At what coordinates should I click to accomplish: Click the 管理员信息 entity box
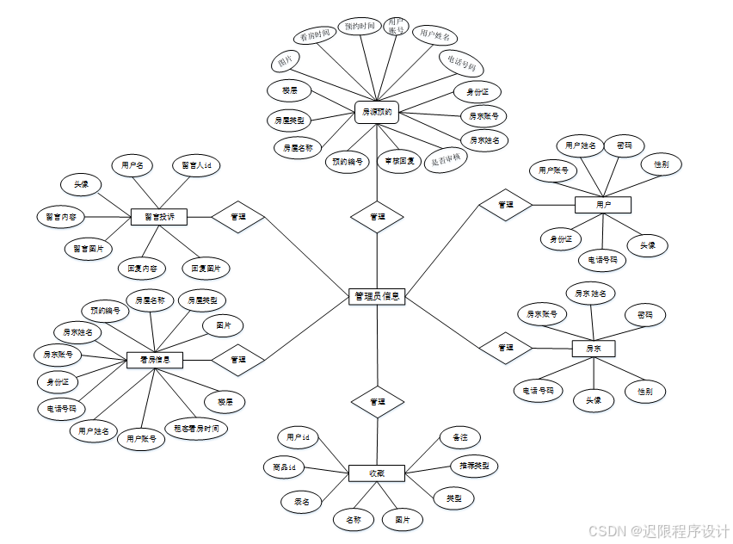[377, 295]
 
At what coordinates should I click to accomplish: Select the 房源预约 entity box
[377, 111]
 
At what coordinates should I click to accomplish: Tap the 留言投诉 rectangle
[158, 218]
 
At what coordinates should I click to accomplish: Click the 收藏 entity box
[376, 473]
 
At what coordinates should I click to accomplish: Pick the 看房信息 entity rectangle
[155, 360]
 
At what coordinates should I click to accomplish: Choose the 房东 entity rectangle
[594, 349]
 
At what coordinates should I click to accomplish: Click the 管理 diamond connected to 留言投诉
[238, 218]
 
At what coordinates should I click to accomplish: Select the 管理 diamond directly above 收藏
[377, 402]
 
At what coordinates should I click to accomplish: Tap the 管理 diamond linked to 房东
[505, 348]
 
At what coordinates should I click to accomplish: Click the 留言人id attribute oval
[196, 164]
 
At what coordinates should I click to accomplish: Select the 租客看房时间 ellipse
[196, 428]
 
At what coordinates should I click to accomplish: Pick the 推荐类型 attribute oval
[475, 466]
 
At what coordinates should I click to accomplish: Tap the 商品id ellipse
[284, 467]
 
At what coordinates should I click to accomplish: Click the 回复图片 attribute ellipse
[206, 268]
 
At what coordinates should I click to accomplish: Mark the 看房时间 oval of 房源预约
[313, 36]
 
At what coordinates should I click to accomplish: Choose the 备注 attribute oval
[459, 437]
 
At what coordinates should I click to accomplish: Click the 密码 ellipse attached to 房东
[639, 315]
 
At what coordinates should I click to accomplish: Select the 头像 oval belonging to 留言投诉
[82, 184]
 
